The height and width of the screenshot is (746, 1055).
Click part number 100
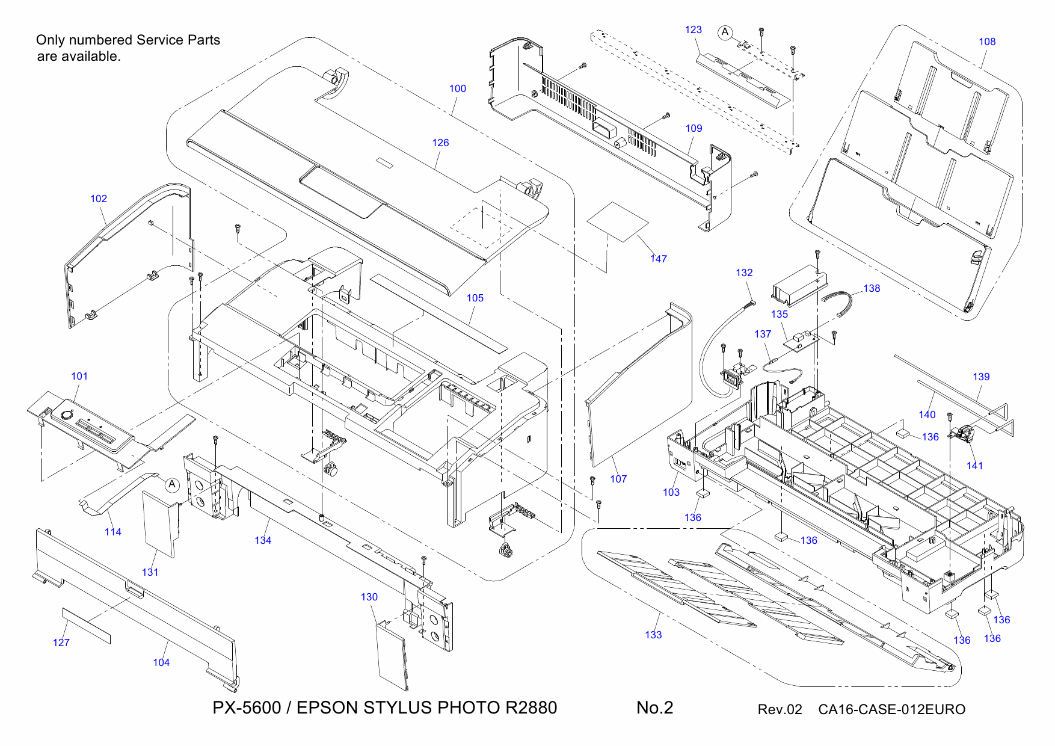[457, 88]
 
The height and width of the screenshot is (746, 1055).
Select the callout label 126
[440, 143]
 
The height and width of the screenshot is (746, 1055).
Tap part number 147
[659, 259]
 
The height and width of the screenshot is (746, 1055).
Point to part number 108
[987, 42]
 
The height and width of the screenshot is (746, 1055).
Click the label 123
[693, 29]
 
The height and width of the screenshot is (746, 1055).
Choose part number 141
[974, 466]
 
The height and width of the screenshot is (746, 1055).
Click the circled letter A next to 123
[725, 32]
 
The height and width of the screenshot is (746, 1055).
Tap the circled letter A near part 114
[172, 484]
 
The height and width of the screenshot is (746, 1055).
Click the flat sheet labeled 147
[618, 221]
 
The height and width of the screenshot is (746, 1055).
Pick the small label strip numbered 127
[87, 626]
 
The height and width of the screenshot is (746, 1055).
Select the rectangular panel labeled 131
[159, 522]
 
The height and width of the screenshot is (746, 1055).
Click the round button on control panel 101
[65, 415]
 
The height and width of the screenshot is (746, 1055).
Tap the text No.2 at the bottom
[654, 707]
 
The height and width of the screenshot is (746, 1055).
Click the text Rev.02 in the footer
[780, 709]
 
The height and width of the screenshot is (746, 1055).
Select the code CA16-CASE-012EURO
[891, 709]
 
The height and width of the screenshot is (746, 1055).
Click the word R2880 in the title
[531, 707]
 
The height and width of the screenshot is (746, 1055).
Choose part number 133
[653, 635]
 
